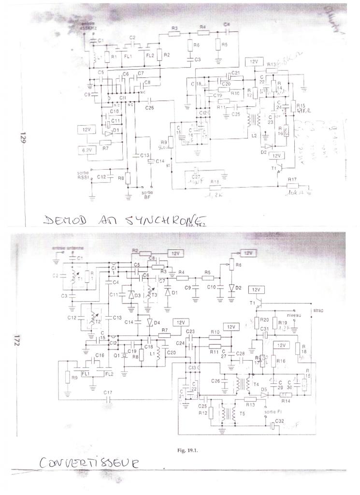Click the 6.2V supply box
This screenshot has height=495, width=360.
point(86,150)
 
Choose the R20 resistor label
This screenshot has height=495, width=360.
point(264,320)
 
